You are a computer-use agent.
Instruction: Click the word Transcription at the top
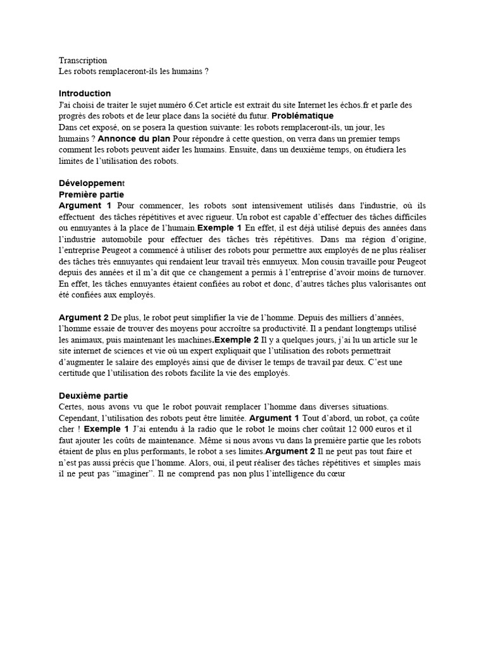(83, 61)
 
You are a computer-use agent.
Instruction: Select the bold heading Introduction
(85, 94)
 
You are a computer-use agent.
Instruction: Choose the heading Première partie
(91, 194)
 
